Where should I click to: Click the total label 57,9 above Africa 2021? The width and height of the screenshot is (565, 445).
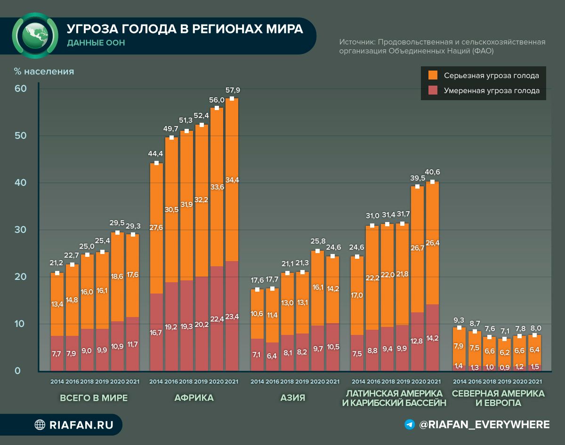tap(233, 90)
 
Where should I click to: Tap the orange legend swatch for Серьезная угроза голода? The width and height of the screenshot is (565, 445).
tap(433, 75)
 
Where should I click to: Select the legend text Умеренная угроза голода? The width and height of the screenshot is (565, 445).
tap(492, 91)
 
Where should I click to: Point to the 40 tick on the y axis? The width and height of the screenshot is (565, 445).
tap(21, 183)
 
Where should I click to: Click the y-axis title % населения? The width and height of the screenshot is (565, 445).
tap(44, 72)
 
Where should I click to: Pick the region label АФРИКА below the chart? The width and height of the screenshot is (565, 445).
tap(194, 398)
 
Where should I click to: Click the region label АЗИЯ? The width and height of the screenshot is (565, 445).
tap(292, 398)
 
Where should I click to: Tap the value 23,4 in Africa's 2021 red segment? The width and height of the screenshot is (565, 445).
tap(232, 317)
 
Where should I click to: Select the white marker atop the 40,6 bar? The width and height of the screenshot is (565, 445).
tap(433, 182)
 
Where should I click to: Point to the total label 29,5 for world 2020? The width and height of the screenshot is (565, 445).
tap(118, 223)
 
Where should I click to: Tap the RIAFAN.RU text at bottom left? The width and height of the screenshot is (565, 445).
tap(81, 425)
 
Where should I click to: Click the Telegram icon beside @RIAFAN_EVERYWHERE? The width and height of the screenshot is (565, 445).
tap(410, 425)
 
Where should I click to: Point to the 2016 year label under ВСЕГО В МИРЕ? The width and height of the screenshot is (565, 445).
tap(72, 381)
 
